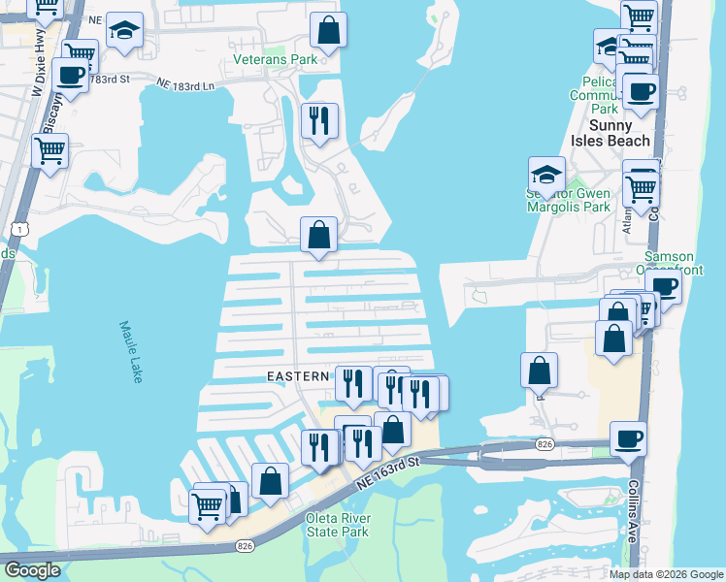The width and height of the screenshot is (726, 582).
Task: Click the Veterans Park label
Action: point(277,59)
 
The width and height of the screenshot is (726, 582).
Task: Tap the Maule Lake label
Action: point(130,351)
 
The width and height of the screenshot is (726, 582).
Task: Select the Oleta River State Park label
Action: point(337,524)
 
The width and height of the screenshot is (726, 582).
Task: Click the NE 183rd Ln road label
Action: point(184,85)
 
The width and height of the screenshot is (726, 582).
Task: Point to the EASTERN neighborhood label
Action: point(300,375)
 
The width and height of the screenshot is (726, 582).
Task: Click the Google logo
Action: point(32,569)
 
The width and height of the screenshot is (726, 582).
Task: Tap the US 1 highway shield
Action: point(9,228)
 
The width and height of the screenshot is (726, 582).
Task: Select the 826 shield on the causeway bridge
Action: point(544,444)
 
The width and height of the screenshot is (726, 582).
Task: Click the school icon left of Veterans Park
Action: point(124,31)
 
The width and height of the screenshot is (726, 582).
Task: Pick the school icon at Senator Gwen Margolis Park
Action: point(546,176)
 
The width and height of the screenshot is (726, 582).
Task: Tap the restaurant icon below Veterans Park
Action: point(319,121)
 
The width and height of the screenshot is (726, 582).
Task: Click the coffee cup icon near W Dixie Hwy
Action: point(70,74)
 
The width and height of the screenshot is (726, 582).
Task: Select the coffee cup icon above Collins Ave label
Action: point(628,439)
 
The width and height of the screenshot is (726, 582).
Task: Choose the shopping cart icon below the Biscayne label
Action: point(49,151)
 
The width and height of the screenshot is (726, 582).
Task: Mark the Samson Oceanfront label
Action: point(670,262)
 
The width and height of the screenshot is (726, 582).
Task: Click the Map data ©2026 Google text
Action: point(666,573)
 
